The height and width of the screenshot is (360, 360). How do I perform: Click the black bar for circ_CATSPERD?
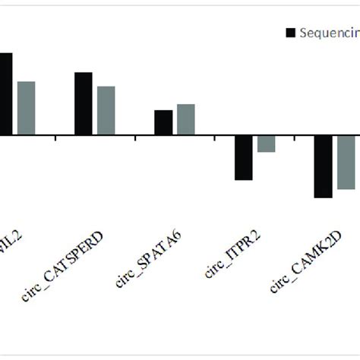(84, 104)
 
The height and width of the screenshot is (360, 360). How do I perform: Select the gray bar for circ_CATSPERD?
(106, 111)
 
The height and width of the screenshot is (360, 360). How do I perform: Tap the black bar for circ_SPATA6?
(163, 123)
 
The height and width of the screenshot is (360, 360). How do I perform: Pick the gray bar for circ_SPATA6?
(186, 120)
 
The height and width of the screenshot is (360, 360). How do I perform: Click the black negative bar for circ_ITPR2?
(243, 158)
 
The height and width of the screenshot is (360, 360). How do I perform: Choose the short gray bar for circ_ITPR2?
(266, 144)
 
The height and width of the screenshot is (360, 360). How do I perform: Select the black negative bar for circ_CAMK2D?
(324, 167)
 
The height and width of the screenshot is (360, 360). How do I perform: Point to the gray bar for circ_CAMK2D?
(346, 163)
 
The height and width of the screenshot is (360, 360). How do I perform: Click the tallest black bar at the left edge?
(5, 94)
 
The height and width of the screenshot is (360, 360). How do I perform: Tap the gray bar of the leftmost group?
(27, 109)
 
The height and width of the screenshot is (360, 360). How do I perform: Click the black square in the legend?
(290, 33)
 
